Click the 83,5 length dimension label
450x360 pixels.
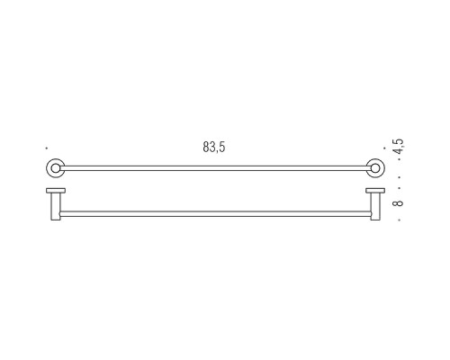[214, 147]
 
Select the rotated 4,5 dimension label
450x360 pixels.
[400, 146]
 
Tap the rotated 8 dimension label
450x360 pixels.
[398, 203]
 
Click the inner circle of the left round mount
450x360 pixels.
[55, 168]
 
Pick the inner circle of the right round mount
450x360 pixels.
[375, 168]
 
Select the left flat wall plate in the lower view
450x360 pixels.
[56, 191]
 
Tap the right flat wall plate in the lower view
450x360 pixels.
[375, 191]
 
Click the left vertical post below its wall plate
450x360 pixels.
[56, 207]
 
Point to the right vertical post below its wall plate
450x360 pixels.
[375, 207]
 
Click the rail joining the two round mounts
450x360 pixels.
[215, 168]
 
